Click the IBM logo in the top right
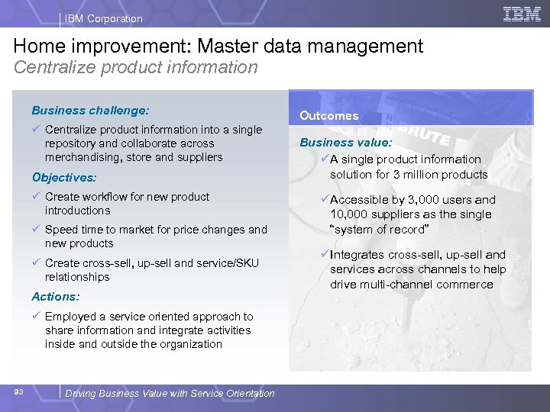pyautogui.click(x=522, y=13)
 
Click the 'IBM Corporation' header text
pyautogui.click(x=103, y=18)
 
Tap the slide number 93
pyautogui.click(x=19, y=392)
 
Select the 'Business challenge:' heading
pyautogui.click(x=90, y=110)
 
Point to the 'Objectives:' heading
pyautogui.click(x=64, y=177)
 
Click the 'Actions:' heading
pyautogui.click(x=55, y=296)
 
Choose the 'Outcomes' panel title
pyautogui.click(x=328, y=116)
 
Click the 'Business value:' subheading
pyautogui.click(x=346, y=143)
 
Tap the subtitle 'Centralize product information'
pyautogui.click(x=136, y=67)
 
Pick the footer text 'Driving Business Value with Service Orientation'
pyautogui.click(x=170, y=393)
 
